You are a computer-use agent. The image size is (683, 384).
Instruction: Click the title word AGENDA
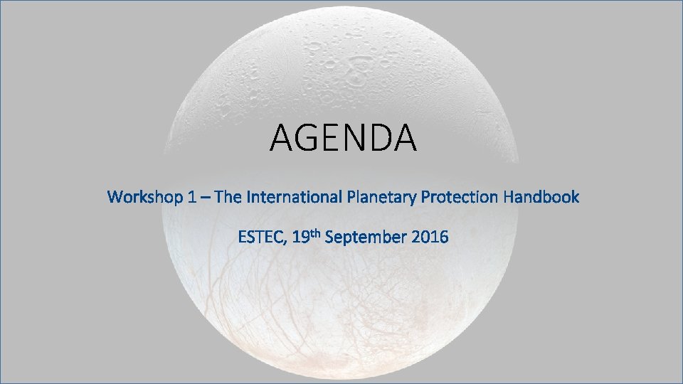(342, 138)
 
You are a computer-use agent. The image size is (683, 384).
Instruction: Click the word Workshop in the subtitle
(147, 197)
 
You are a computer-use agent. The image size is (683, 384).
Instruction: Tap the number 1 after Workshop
(193, 197)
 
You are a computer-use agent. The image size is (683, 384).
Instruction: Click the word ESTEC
(261, 237)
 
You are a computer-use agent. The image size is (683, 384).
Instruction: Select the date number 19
(300, 237)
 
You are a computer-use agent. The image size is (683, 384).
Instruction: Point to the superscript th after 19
(315, 233)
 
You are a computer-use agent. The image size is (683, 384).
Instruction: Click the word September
(366, 238)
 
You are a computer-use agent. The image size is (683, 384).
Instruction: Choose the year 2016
(430, 237)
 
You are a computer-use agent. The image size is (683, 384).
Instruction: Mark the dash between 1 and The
(205, 198)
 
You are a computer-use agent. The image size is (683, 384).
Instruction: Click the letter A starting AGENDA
(282, 138)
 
